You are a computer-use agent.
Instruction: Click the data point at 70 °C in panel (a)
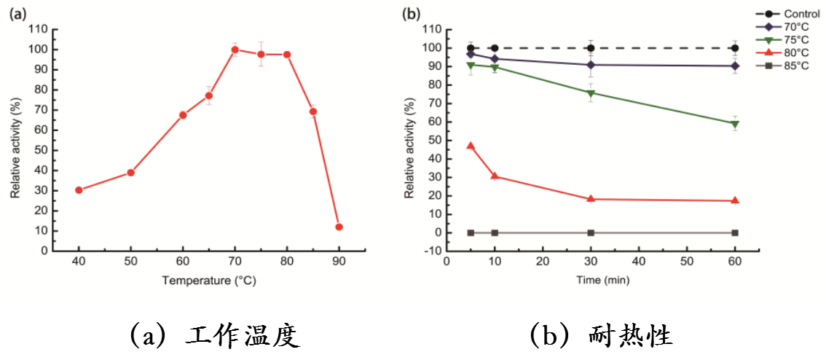235,50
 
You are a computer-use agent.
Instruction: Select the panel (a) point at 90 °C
339,227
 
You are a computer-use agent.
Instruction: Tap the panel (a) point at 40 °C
79,190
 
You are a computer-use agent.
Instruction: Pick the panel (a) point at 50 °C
131,173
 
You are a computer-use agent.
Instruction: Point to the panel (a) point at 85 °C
313,111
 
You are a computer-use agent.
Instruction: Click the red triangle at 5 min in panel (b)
471,146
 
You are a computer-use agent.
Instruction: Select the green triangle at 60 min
735,124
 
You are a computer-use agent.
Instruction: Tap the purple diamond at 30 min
591,65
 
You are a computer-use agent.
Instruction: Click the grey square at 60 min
735,232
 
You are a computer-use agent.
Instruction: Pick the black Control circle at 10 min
495,48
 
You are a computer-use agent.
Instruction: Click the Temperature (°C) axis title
209,280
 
